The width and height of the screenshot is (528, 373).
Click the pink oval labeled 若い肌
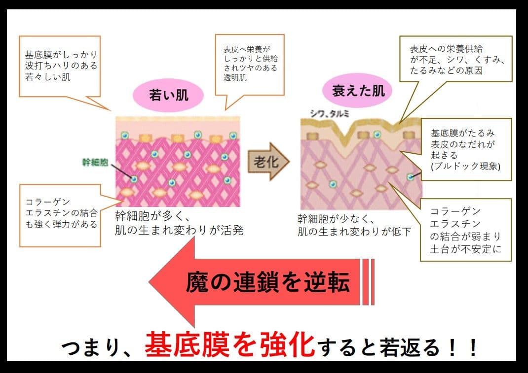tap(169, 95)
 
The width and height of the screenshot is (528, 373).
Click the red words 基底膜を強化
tap(230, 344)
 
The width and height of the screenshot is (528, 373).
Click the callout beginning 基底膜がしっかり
tap(60, 66)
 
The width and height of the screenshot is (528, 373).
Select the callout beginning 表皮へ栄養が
tap(250, 64)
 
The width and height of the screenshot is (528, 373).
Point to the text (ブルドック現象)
tap(465, 166)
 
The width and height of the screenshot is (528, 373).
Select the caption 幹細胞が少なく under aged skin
tap(337, 218)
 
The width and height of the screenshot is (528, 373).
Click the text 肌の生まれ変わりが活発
tap(179, 230)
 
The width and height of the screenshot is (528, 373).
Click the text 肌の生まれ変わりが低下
tap(354, 231)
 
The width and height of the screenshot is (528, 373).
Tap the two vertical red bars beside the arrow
tap(368, 282)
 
